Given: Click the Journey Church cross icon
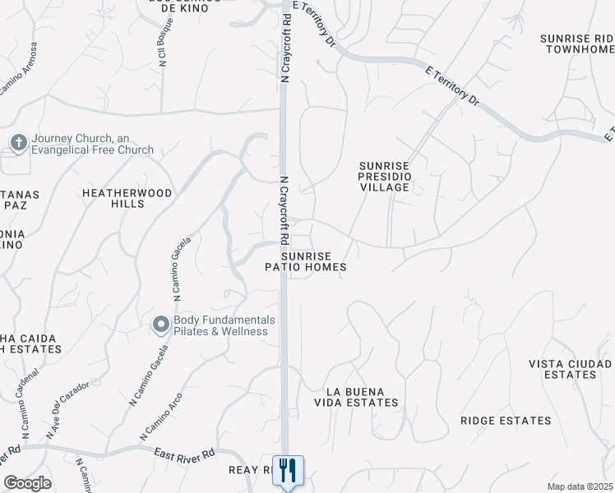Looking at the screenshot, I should pos(17,143).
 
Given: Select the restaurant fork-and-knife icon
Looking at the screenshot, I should pos(288,471).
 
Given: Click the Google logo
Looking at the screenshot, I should pos(27,483).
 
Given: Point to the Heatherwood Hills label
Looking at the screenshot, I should pos(127,198).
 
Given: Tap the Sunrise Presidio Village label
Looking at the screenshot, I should pos(384,177).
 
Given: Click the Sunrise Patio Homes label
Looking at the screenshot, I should pos(305,261).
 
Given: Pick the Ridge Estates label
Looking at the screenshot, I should pos(506,421).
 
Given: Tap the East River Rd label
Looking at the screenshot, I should pos(185,453).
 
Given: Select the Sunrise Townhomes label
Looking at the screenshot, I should pos(577,44).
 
